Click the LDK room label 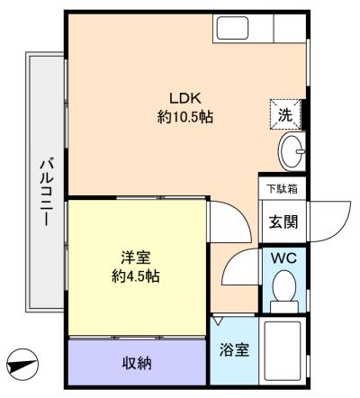(184, 98)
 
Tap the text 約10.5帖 (185, 116)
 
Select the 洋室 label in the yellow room (136, 258)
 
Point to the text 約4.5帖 (136, 276)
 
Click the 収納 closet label (137, 363)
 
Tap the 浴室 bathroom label (234, 349)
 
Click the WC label (283, 258)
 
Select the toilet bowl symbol (283, 291)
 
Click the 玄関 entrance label (283, 222)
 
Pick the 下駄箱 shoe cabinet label (283, 189)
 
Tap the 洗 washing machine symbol (285, 115)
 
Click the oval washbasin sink (292, 151)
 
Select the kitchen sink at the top (232, 28)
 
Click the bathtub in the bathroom (283, 351)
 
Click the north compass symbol (22, 365)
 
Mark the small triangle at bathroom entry (218, 320)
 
